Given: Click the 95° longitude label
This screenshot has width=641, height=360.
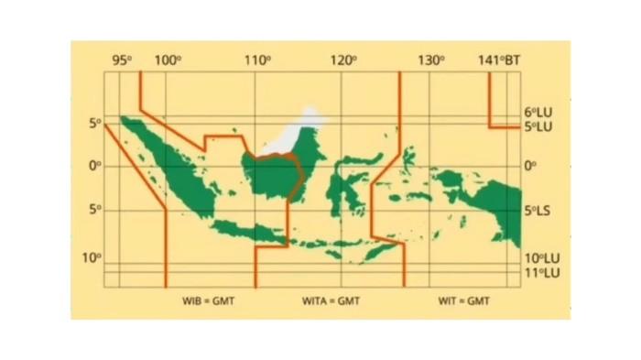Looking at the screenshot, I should pos(123,60).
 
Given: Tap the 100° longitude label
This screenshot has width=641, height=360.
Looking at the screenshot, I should pos(168,60).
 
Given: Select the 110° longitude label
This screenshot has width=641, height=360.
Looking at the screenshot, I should pos(257,60).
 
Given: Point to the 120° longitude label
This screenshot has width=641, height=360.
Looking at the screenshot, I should pos(343,60).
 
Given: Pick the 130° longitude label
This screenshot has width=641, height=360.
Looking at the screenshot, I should pos(430,60).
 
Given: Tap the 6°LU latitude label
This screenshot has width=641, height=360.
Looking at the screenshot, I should pos(538,112).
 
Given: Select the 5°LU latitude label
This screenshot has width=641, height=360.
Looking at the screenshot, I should pos(538,125).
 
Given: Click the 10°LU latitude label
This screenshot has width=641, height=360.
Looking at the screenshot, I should pos(540,259).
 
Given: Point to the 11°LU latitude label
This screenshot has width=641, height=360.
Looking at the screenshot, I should pos(540,272).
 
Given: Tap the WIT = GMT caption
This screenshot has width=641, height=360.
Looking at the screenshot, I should pos(463,300).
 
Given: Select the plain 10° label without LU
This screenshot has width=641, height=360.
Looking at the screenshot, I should pos(92,257).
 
